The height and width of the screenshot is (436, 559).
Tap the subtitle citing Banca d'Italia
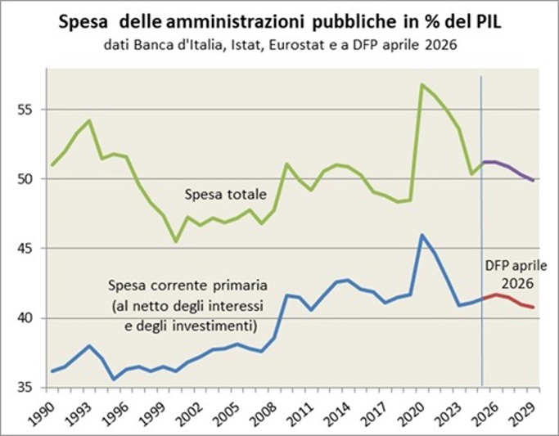pyautogui.click(x=280, y=45)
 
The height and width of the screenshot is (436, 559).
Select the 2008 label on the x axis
pyautogui.click(x=266, y=412)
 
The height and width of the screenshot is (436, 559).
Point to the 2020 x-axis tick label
pyautogui.click(x=414, y=412)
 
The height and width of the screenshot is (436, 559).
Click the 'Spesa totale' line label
pyautogui.click(x=225, y=195)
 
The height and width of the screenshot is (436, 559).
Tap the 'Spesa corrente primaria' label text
pyautogui.click(x=188, y=285)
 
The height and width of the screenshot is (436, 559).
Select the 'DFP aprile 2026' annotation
pyautogui.click(x=516, y=274)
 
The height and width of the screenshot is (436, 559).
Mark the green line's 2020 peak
pyautogui.click(x=422, y=85)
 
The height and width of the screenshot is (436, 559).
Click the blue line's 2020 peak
pyautogui.click(x=422, y=235)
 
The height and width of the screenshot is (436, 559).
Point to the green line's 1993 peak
pyautogui.click(x=89, y=120)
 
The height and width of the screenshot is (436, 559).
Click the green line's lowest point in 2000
pyautogui.click(x=176, y=241)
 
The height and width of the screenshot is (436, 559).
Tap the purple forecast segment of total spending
pyautogui.click(x=508, y=170)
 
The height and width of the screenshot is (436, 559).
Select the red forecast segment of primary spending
pyautogui.click(x=508, y=300)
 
